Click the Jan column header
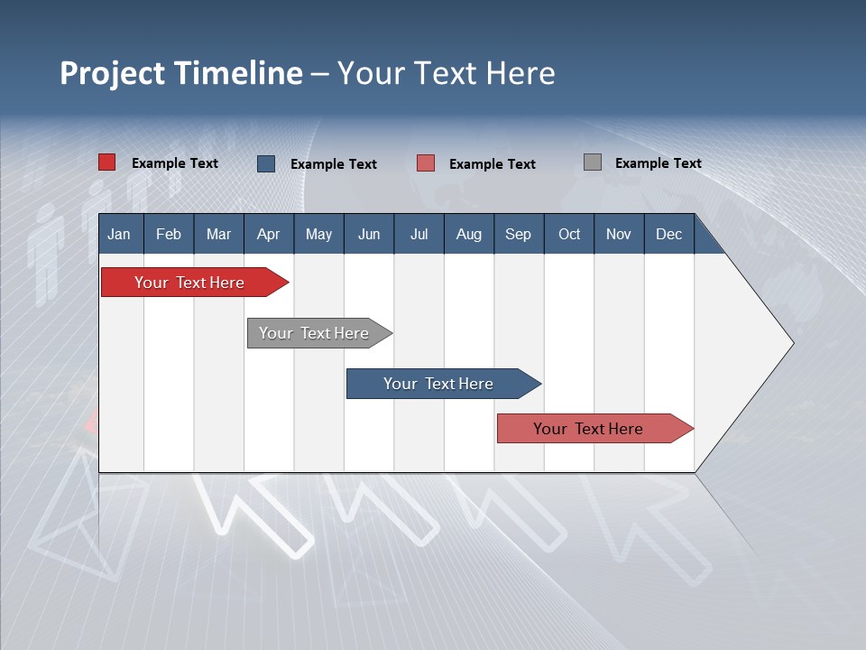[120, 235]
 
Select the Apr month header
[269, 235]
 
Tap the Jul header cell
[419, 235]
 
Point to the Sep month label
[518, 235]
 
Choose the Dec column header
[668, 235]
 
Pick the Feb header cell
[169, 235]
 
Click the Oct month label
[569, 235]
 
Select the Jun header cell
[369, 235]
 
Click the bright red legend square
[107, 162]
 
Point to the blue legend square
[266, 163]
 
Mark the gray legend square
[593, 162]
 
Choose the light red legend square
[426, 163]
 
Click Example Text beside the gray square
[658, 163]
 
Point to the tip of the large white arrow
[791, 343]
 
